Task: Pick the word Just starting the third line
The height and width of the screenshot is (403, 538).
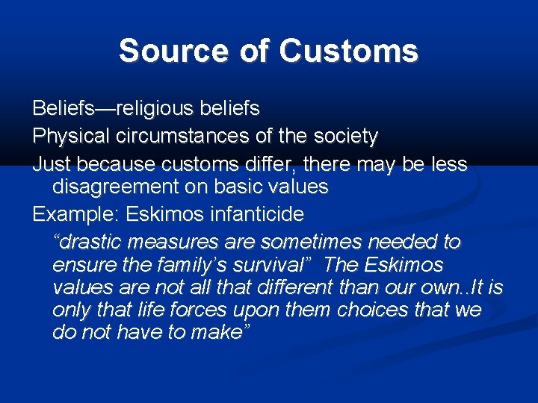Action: (49, 164)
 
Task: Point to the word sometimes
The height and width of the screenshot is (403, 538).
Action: (323, 243)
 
